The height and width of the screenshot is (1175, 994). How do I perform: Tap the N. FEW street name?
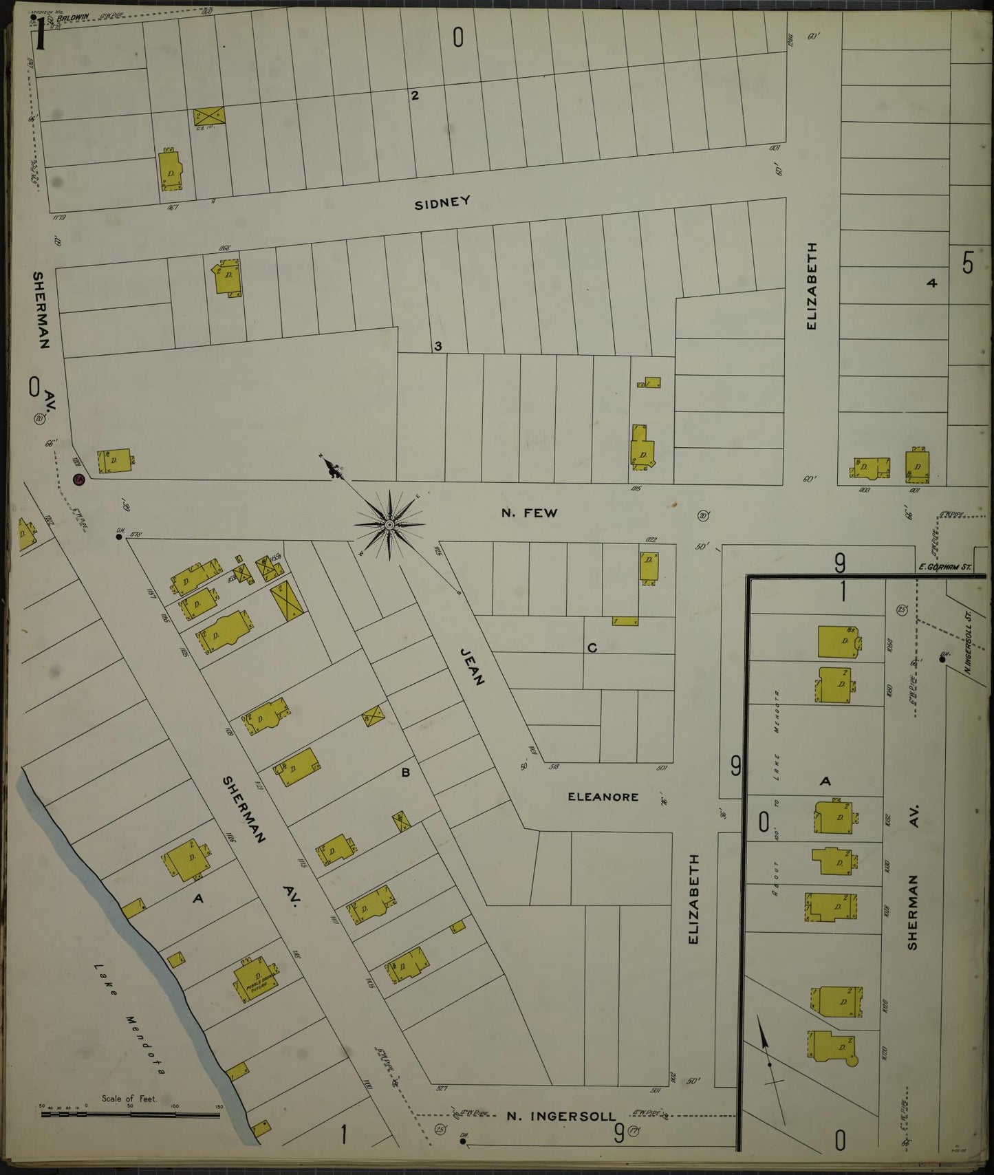click(x=530, y=513)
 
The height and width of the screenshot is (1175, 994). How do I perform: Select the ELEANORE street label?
click(x=603, y=797)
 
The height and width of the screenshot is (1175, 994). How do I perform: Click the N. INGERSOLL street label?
click(x=561, y=1116)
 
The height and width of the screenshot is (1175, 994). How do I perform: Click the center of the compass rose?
click(x=389, y=525)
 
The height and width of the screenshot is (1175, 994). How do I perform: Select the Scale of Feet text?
click(x=129, y=1099)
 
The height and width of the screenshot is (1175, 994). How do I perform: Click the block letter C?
click(x=592, y=648)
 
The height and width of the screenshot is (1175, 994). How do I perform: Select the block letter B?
click(x=406, y=773)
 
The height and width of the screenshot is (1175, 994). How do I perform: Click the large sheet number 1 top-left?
click(x=41, y=34)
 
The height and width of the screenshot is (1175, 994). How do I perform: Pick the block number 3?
click(x=438, y=346)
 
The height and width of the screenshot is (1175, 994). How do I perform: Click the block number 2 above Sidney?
click(x=415, y=96)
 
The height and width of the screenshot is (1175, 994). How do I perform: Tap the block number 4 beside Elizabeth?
click(x=932, y=283)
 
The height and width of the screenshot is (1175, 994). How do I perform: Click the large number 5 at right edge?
click(x=968, y=263)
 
